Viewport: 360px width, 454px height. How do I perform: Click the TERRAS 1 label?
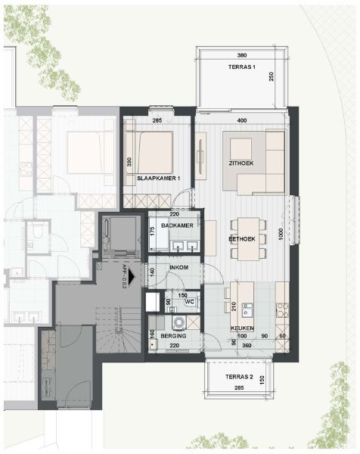[x=241, y=68]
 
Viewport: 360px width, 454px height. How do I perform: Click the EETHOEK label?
[x=242, y=238]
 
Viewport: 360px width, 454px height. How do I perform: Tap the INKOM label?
[x=178, y=268]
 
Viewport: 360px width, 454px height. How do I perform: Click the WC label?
[x=190, y=303]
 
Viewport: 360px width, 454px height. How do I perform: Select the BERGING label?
[x=173, y=334]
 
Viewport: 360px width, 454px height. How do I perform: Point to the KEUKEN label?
[x=242, y=328]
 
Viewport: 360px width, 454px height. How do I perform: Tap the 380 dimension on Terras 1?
[x=241, y=56]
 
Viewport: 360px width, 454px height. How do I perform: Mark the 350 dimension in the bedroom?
[x=130, y=161]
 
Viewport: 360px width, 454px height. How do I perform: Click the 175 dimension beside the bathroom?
[x=153, y=232]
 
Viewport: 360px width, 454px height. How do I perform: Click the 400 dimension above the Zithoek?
[x=241, y=120]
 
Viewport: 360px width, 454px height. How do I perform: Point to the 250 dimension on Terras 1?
[x=271, y=80]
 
